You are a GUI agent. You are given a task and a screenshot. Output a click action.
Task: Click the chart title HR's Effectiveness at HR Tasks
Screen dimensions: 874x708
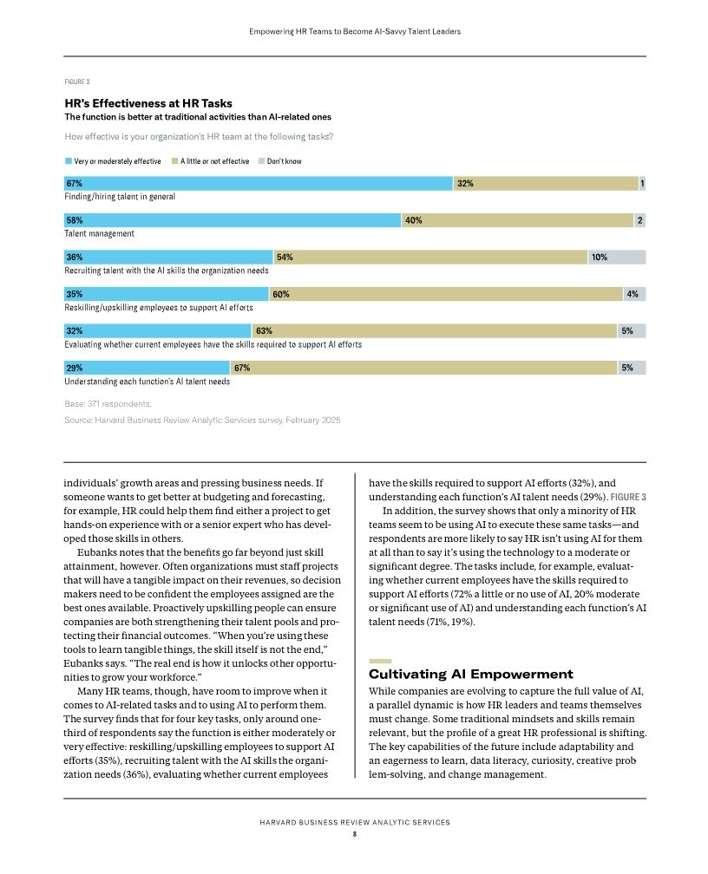[148, 103]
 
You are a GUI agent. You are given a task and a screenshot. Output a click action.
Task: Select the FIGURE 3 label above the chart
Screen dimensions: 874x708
[77, 82]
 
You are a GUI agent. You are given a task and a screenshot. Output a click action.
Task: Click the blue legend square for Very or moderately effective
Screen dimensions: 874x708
[69, 161]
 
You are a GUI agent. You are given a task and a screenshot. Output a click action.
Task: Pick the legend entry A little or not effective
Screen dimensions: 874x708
[214, 161]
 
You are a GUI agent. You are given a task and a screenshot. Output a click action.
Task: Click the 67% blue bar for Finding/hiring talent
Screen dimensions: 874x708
[259, 184]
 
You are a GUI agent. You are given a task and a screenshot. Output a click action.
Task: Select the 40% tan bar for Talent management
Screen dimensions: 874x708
[517, 220]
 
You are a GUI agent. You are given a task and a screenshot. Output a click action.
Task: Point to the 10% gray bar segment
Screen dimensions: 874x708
[616, 258]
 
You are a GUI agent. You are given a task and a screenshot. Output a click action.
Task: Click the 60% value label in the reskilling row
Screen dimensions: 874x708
[281, 294]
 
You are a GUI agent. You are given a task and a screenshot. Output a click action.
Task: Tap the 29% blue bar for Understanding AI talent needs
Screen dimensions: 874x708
[147, 368]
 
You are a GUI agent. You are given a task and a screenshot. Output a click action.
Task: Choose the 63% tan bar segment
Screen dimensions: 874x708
[434, 331]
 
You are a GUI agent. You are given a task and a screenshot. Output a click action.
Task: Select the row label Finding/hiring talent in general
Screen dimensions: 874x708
[120, 197]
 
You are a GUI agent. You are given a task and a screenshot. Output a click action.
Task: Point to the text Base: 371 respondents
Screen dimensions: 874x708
[108, 403]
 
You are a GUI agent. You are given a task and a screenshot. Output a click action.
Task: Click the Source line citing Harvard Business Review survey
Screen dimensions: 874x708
[202, 420]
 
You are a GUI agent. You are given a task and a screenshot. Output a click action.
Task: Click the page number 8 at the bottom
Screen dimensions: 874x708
[354, 834]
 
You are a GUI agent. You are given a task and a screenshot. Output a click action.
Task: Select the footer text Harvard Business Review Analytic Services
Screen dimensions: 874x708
[354, 822]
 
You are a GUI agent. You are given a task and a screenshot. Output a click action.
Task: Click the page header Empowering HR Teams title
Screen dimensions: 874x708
[354, 31]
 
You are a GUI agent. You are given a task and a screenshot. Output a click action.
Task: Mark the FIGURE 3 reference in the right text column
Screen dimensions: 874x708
[628, 497]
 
